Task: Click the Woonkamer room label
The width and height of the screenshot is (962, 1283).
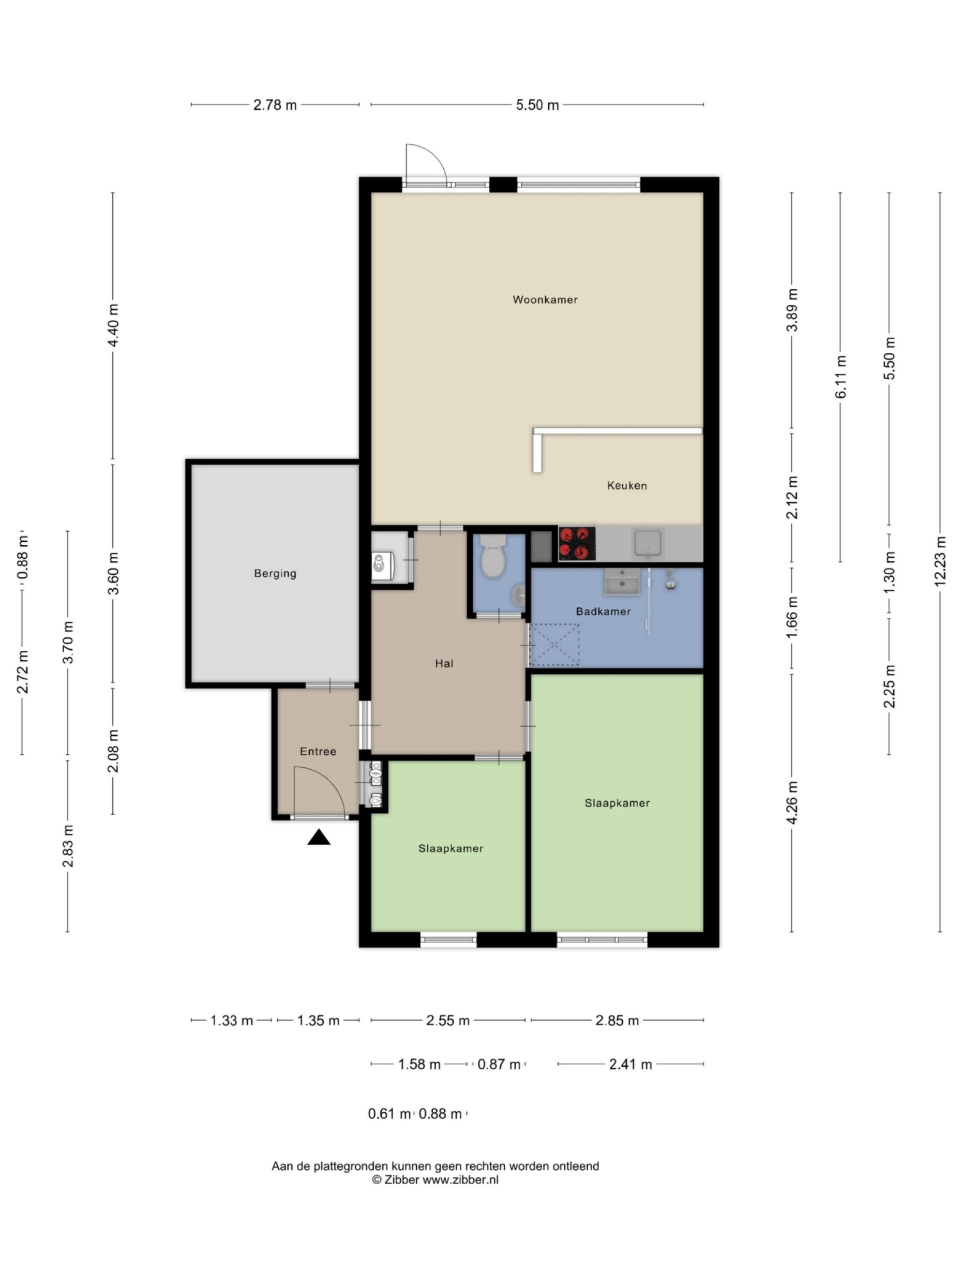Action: point(545,300)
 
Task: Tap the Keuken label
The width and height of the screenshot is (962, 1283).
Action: point(626,485)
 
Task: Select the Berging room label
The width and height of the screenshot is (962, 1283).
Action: point(275,574)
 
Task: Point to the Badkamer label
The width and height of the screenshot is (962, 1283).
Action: point(603,611)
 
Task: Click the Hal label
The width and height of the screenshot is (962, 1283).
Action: point(444,664)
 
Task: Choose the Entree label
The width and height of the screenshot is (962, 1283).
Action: point(318,752)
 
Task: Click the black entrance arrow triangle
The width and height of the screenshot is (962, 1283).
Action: point(319,838)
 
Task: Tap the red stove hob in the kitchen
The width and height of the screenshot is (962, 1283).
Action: point(576,544)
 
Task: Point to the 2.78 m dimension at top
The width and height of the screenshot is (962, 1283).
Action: point(275,105)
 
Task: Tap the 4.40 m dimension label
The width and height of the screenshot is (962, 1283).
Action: point(113,325)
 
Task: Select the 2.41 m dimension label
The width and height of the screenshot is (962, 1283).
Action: point(630,1064)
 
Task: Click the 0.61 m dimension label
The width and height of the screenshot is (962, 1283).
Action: point(389,1114)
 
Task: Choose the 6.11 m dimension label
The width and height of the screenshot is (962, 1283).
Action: point(840,377)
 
